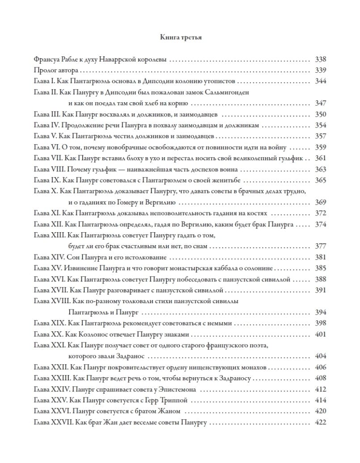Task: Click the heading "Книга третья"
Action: [180, 38]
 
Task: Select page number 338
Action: [320, 59]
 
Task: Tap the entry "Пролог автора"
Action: [56, 70]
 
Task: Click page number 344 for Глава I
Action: [320, 81]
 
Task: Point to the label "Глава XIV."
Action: [50, 257]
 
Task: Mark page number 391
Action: [320, 290]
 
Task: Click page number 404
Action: [320, 356]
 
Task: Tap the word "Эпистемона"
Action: [187, 389]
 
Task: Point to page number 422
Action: [320, 422]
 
